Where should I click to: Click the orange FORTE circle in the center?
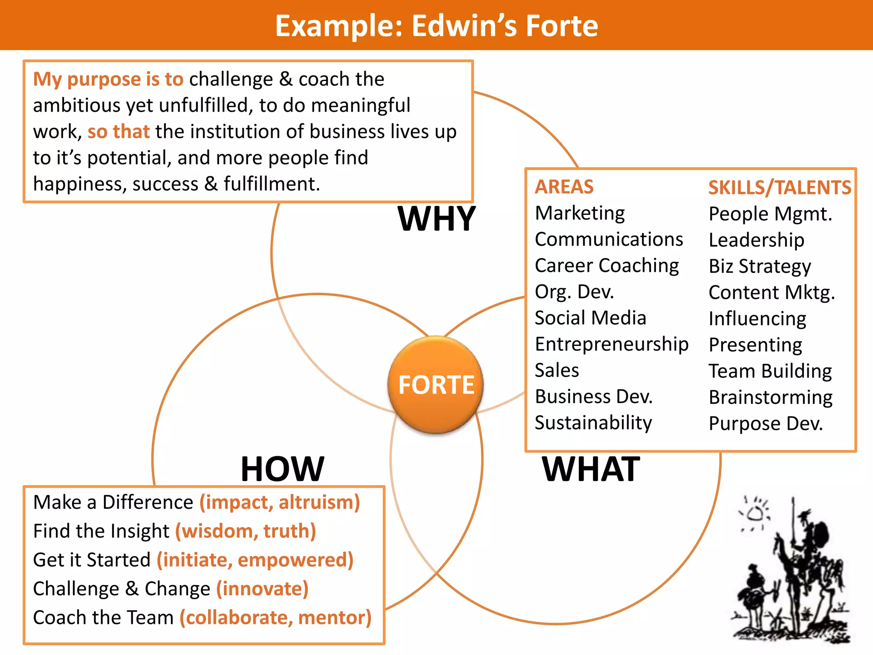tap(436, 384)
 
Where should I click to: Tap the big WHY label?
tap(436, 219)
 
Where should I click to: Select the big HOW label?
tap(282, 469)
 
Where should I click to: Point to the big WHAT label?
tap(591, 469)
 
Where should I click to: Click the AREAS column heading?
tap(564, 187)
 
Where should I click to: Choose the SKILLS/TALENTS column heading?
tap(780, 188)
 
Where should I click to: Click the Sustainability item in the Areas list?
tap(593, 423)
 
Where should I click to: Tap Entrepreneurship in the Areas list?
tap(612, 344)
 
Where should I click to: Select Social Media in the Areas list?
tap(590, 318)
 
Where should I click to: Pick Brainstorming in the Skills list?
tap(771, 397)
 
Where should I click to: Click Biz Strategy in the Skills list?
tap(760, 267)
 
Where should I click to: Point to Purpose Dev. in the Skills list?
tap(766, 423)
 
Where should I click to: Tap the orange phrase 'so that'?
tap(119, 131)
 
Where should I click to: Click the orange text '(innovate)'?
tap(262, 589)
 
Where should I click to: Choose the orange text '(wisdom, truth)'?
tap(246, 531)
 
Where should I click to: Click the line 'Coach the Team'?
tap(104, 617)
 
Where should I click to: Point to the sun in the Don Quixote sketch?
tap(755, 513)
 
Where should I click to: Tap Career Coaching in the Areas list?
tap(607, 266)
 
